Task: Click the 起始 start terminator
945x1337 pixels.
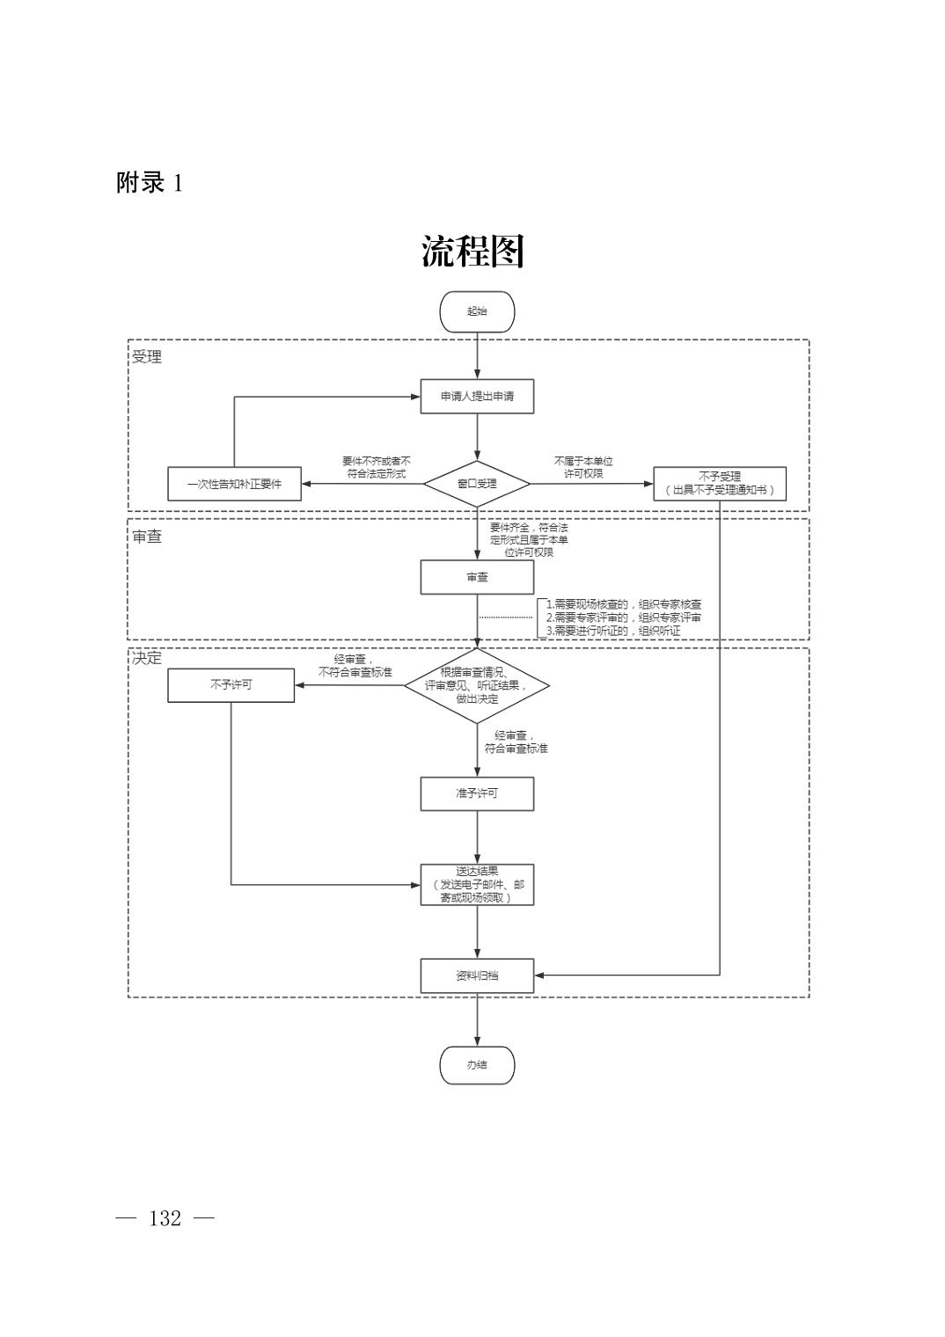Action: click(x=477, y=311)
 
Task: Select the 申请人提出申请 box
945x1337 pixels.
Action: click(x=477, y=397)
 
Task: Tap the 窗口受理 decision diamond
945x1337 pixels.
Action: click(x=477, y=484)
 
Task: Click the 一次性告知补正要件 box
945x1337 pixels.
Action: click(x=234, y=484)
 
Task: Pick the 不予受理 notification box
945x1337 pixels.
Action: click(x=719, y=484)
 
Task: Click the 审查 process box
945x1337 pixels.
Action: click(x=477, y=577)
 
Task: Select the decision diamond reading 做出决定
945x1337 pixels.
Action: click(x=477, y=686)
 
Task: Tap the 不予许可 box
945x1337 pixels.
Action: click(x=231, y=684)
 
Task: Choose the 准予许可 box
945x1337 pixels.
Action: click(x=477, y=793)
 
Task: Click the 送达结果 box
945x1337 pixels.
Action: click(x=477, y=885)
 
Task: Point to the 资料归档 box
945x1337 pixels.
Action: click(x=477, y=975)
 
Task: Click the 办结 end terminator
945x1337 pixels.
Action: click(x=477, y=1065)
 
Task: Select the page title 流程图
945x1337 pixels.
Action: click(x=472, y=252)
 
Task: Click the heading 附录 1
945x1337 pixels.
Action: click(x=150, y=183)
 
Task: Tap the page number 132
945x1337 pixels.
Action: click(x=165, y=1218)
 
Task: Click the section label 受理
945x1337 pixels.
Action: click(x=147, y=357)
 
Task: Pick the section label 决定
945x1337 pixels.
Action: click(x=147, y=658)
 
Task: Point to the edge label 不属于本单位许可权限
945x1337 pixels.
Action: click(x=583, y=467)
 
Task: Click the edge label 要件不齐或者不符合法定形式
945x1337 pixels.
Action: click(x=376, y=467)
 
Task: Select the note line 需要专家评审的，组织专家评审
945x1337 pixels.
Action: click(x=623, y=617)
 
